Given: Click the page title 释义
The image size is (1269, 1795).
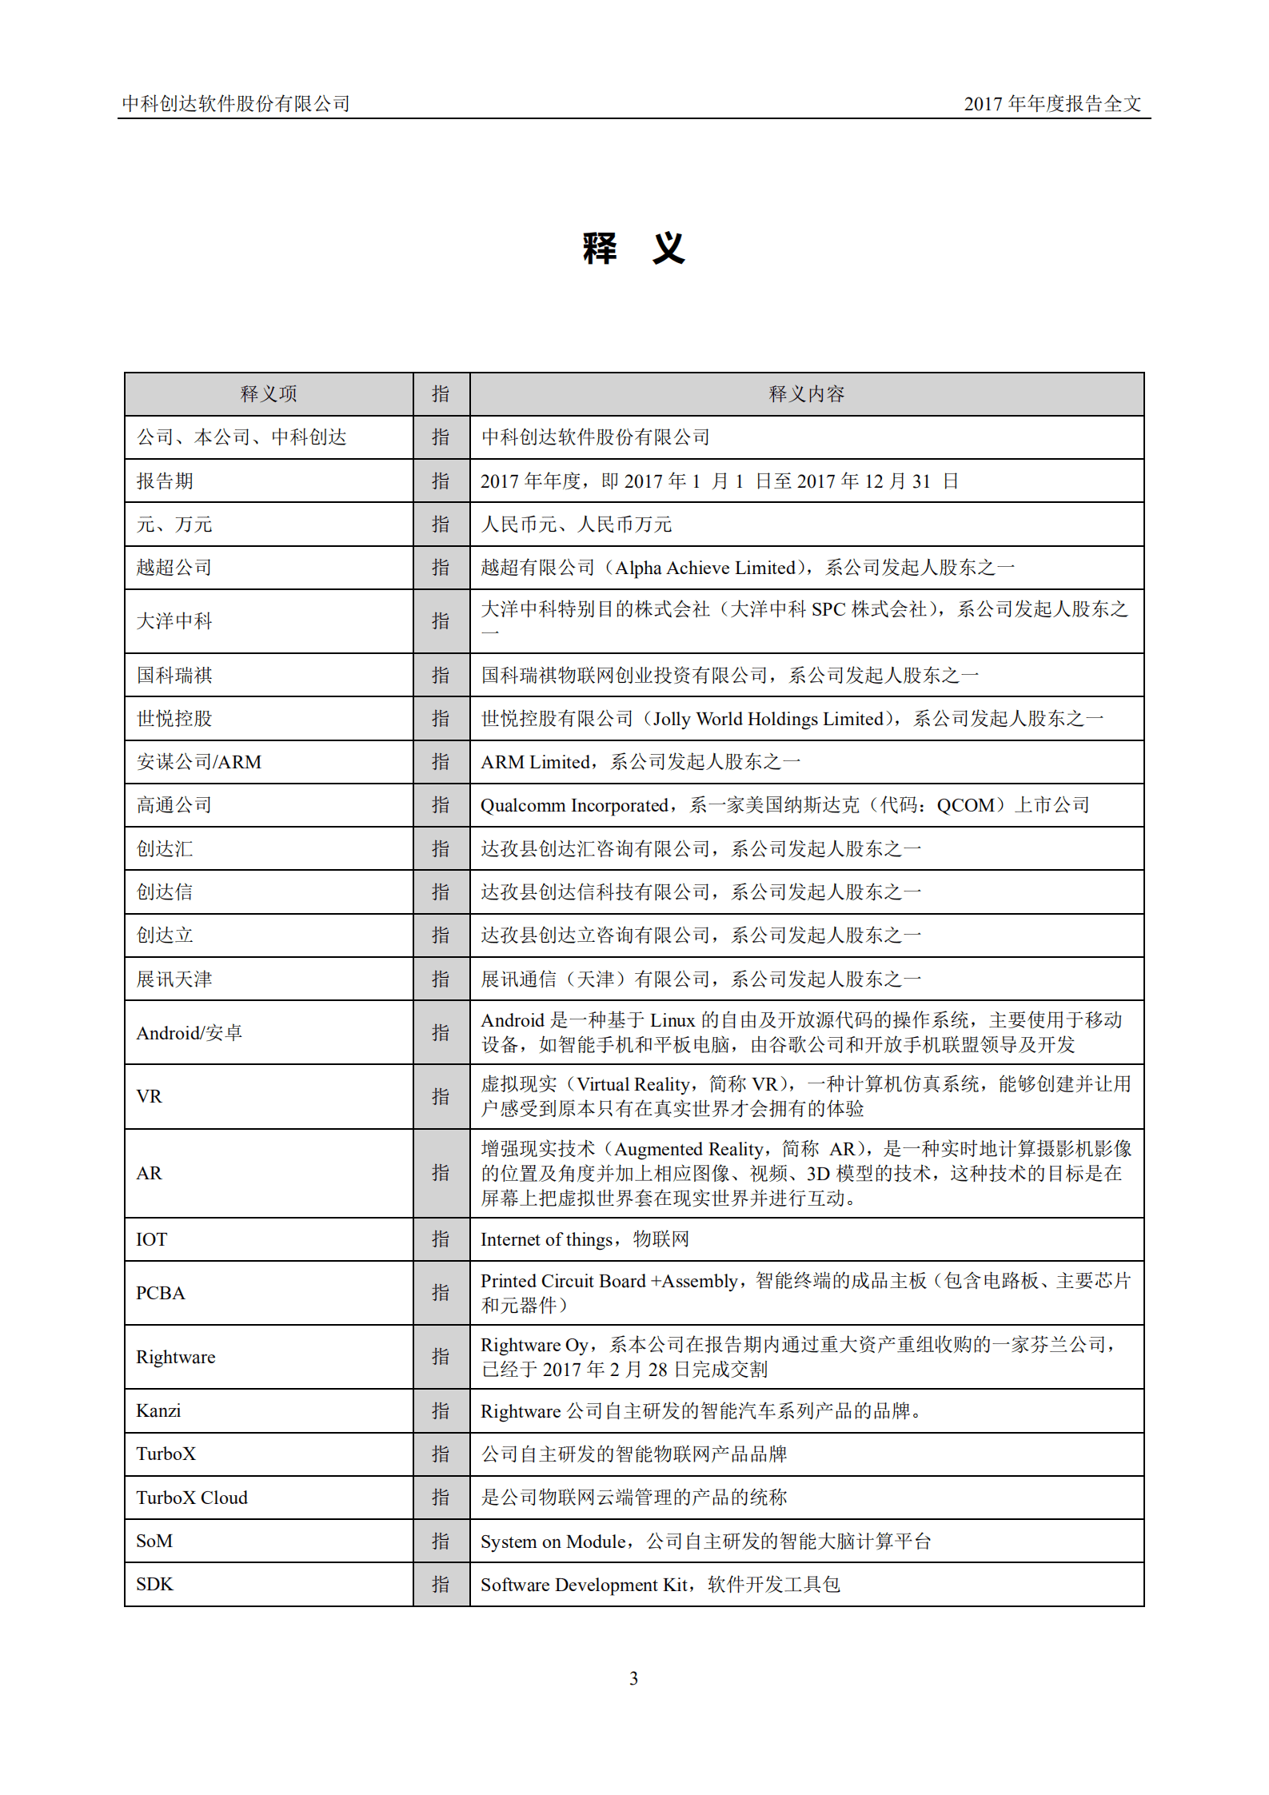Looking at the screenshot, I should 633,249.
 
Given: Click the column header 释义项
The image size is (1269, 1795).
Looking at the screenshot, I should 269,394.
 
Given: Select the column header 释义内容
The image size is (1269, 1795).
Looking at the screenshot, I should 806,394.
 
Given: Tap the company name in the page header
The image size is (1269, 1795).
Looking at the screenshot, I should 236,104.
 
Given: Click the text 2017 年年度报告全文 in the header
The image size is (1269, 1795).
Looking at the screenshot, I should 1052,104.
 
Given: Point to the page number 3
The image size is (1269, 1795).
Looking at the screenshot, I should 633,1678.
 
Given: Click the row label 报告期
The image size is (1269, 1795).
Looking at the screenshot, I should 165,481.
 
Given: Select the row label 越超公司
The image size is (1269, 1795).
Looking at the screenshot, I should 174,568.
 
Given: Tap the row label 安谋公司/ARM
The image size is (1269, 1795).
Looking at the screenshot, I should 199,762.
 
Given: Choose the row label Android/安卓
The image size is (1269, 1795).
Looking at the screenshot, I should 190,1033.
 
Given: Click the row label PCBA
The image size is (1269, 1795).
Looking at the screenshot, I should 161,1293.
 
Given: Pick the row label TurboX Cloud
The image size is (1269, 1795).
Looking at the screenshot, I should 192,1498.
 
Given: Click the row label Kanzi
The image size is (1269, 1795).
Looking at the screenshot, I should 158,1411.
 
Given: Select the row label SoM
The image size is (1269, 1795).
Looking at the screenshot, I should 154,1541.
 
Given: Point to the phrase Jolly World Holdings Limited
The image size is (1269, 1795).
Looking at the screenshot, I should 768,719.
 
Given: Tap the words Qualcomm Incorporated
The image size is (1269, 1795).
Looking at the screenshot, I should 573,805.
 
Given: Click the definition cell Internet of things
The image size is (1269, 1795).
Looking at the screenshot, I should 585,1239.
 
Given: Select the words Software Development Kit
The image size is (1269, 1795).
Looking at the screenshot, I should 583,1585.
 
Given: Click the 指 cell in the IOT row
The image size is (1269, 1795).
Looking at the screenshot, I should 441,1239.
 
